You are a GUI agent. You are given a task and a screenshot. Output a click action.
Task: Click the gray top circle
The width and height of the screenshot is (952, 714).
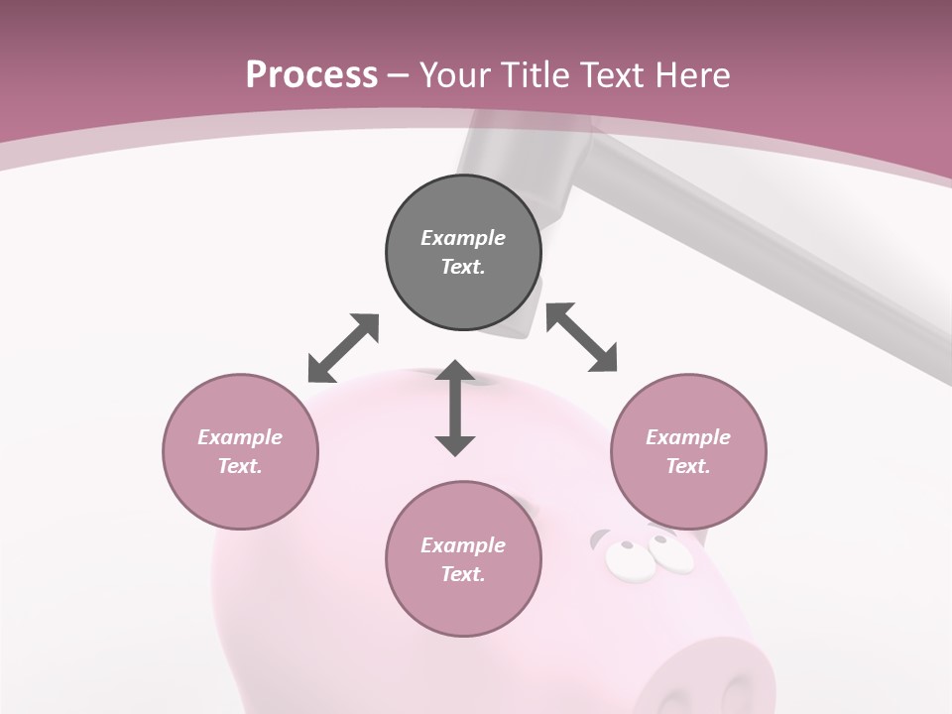coord(463,253)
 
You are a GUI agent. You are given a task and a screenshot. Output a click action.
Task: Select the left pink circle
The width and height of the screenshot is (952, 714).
coord(240,451)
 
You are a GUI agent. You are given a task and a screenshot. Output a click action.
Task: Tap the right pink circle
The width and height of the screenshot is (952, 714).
coord(688,451)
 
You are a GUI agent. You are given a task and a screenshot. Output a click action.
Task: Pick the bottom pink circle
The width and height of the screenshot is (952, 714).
coord(463,559)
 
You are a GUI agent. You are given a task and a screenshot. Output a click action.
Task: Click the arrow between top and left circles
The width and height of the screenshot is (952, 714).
coord(343,348)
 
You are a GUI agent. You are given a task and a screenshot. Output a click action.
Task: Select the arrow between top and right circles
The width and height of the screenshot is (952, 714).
coord(582,337)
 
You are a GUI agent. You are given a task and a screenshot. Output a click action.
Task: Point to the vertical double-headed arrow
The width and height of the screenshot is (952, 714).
coord(455,408)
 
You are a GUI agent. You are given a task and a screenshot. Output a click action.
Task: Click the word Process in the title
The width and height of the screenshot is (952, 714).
coord(311,74)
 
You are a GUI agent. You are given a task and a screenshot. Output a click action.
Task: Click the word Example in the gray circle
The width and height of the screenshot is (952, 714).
coord(463,238)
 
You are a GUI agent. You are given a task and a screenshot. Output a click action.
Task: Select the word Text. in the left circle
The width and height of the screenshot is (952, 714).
coord(240,466)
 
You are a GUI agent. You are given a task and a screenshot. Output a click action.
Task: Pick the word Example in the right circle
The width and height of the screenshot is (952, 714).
coord(688,437)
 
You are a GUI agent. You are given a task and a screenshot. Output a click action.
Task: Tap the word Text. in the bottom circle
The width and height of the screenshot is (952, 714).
coord(463,574)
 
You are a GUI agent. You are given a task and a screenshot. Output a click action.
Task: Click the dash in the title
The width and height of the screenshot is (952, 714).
coord(399,75)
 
